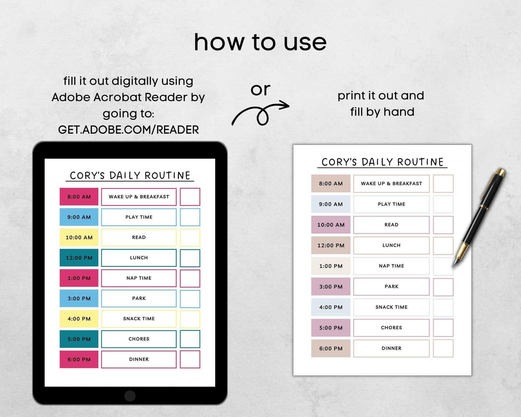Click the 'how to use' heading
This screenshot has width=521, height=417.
[x=260, y=42]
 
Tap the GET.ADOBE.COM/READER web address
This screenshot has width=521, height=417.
[x=128, y=130]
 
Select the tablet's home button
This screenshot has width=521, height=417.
[x=130, y=396]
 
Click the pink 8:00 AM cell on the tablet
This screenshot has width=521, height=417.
[x=79, y=197]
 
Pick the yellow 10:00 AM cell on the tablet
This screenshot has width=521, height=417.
[x=79, y=237]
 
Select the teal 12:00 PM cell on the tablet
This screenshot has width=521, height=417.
[x=79, y=258]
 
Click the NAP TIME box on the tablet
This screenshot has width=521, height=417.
[x=139, y=278]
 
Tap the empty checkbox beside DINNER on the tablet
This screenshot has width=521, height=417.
[x=190, y=359]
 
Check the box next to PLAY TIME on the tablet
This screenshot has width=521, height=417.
[x=190, y=217]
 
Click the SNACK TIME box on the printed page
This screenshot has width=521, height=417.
[x=391, y=307]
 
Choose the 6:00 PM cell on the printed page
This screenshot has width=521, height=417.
[x=331, y=348]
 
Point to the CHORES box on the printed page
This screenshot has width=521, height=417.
[x=391, y=328]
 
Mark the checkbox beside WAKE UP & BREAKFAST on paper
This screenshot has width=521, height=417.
[x=443, y=184]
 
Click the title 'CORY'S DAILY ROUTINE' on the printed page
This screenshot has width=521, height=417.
[x=382, y=162]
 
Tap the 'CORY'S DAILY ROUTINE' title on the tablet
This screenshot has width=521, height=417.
[x=130, y=175]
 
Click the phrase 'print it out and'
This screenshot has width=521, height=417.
[x=381, y=96]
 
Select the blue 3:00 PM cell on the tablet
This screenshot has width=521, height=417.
[x=79, y=298]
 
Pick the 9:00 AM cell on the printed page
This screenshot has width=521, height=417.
[x=331, y=204]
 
